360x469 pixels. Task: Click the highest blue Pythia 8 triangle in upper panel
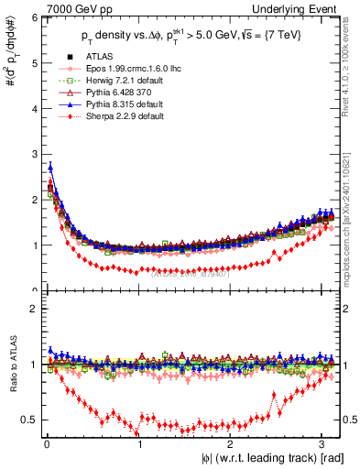point(50,167)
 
